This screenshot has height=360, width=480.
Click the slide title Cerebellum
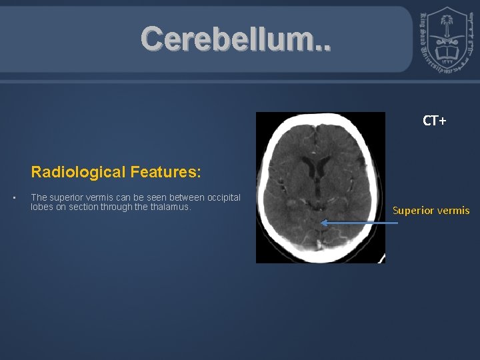pos(234,40)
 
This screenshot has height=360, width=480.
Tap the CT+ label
pos(434,121)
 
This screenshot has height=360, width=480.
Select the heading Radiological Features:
pos(115,172)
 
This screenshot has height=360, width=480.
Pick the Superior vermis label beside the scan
pos(431,211)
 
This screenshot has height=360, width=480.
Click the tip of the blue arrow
pos(322,223)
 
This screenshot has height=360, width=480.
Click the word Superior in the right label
pos(413,211)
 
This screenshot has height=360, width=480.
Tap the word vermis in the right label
pos(453,211)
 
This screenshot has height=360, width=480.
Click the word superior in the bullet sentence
pos(66,197)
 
